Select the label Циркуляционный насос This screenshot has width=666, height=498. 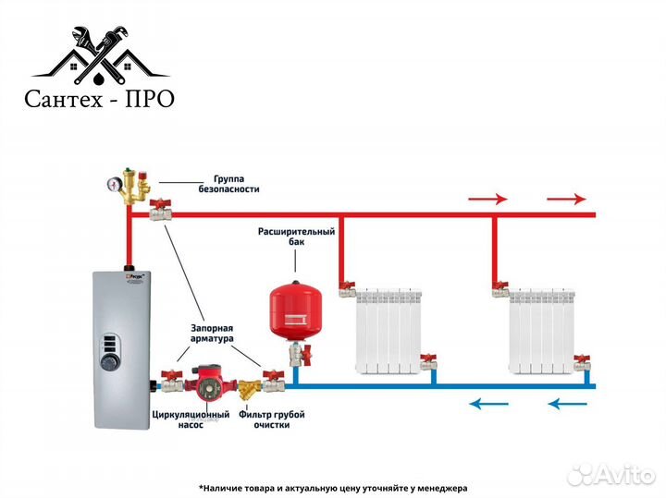tap(190, 419)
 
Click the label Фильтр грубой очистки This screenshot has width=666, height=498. tap(271, 419)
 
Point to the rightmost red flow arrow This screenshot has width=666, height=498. tap(566, 198)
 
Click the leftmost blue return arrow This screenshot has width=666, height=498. tap(488, 403)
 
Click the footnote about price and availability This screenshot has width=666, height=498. tap(333, 487)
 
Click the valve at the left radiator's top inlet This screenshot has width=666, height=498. tap(346, 287)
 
